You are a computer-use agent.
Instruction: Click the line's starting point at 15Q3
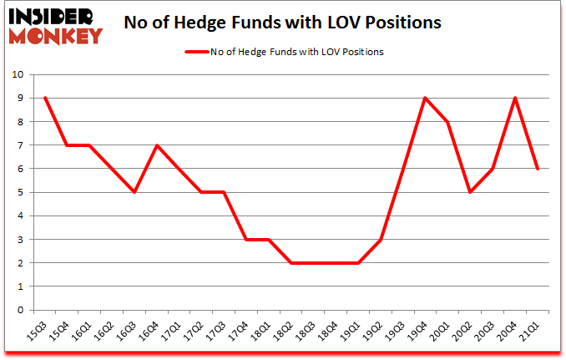coord(44,98)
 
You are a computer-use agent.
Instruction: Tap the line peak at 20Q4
coord(515,98)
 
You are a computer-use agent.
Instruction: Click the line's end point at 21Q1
coord(538,169)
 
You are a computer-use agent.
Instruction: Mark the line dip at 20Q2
coord(470,192)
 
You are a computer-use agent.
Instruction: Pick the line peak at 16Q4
coord(157,145)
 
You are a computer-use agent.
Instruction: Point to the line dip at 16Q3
coord(134,192)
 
